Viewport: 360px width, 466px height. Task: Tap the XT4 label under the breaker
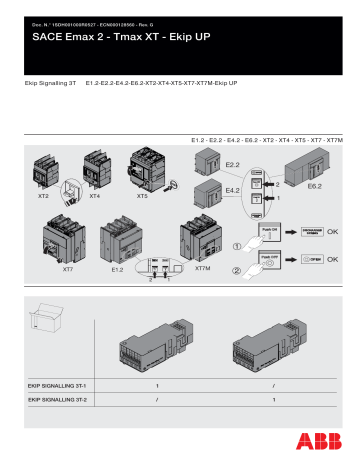(x=95, y=198)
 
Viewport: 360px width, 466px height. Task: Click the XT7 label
(x=68, y=269)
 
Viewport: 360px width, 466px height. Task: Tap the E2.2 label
(x=233, y=162)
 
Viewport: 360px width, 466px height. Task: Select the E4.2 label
(x=233, y=188)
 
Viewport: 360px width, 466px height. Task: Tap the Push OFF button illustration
(x=269, y=260)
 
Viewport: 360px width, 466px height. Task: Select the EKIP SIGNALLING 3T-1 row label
(x=58, y=384)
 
